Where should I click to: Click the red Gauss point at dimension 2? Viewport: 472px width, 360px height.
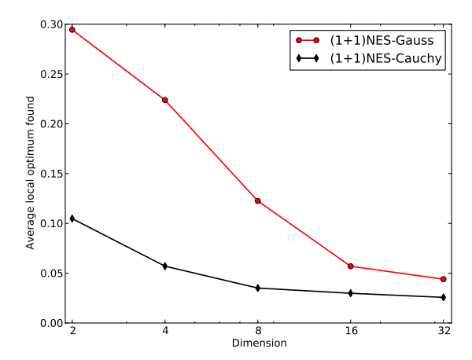point(72,30)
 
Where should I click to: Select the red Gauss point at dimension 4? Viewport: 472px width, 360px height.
point(165,100)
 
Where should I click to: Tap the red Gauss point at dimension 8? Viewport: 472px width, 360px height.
point(257,201)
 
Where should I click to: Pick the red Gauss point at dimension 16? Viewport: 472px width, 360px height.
point(351,266)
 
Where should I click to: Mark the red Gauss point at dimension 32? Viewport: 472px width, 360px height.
point(444,279)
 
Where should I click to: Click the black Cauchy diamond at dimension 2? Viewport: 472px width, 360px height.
point(72,219)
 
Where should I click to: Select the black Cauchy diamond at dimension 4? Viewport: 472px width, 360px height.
point(165,266)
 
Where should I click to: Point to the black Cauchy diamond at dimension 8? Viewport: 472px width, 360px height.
point(257,288)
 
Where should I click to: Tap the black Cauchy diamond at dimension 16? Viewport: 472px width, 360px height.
point(351,293)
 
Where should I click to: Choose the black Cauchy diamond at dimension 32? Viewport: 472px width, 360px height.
point(444,297)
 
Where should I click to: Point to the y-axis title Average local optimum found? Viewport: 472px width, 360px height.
point(31,174)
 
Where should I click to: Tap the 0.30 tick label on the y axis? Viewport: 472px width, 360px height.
point(52,24)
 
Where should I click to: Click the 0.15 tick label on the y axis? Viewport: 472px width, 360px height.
point(52,174)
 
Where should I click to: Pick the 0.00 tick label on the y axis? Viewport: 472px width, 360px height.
point(52,323)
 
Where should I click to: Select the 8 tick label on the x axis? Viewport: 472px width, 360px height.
point(257,332)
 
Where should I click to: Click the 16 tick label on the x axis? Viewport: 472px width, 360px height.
point(351,332)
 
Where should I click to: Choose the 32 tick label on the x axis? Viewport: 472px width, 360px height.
point(444,332)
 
